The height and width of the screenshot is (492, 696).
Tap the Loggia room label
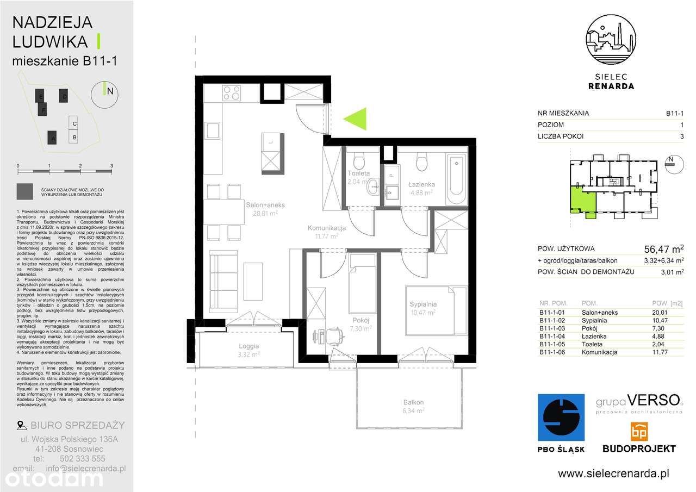(x=248, y=345)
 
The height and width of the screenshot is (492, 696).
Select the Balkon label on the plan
(x=413, y=402)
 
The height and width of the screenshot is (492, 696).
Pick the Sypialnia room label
(x=424, y=304)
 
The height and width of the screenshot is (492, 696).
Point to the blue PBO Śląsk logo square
(x=561, y=417)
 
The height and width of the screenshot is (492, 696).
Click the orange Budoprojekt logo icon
(x=638, y=432)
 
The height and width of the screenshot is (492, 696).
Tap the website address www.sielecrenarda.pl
(x=613, y=474)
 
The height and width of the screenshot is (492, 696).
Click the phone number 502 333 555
(x=83, y=458)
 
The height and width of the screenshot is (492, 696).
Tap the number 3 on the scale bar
(x=111, y=165)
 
